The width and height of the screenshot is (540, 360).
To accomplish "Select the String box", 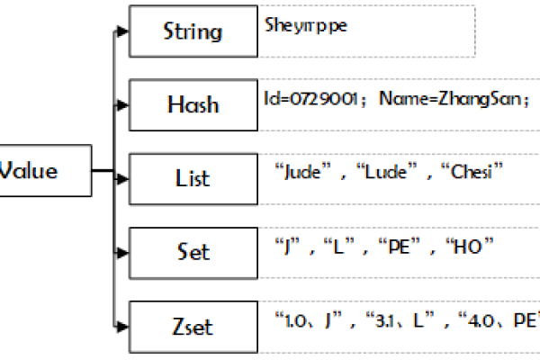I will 193,32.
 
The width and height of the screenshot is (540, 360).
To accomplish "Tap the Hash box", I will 193,104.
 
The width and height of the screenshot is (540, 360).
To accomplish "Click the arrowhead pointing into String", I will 124,32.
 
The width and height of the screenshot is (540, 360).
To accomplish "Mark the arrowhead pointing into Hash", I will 124,104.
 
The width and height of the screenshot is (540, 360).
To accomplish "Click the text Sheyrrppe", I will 306,25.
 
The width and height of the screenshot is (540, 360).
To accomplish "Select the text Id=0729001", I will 312,99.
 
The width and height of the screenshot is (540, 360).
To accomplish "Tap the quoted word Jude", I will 301,171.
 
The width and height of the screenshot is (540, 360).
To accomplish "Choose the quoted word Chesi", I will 471,171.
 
